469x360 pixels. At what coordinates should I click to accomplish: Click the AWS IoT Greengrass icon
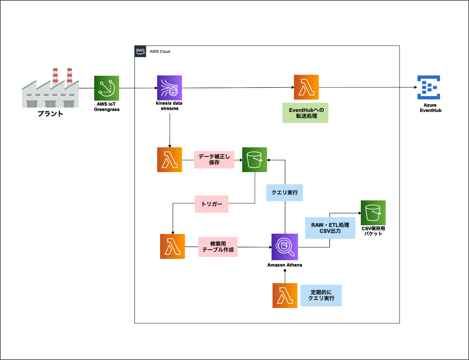click(x=106, y=88)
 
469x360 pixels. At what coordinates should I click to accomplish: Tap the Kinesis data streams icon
click(x=169, y=88)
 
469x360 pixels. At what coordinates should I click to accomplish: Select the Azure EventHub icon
click(x=429, y=88)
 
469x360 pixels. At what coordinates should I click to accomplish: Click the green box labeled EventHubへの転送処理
click(x=305, y=113)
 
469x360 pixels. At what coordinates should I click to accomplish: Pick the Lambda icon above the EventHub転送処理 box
click(x=306, y=87)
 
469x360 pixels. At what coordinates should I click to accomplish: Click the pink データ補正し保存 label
click(x=214, y=160)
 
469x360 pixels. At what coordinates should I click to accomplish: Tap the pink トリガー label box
click(x=212, y=204)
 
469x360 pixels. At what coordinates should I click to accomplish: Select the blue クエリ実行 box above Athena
click(x=285, y=193)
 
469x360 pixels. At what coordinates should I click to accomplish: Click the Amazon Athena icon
click(x=285, y=247)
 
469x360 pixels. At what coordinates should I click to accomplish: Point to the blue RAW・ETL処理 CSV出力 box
click(x=330, y=228)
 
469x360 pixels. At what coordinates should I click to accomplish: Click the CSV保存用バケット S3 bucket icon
click(x=373, y=213)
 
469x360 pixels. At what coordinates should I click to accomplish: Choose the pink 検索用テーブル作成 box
click(x=218, y=247)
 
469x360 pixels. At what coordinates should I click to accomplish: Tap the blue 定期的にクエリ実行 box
click(x=321, y=295)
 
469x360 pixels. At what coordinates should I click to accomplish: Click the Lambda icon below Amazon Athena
click(x=285, y=296)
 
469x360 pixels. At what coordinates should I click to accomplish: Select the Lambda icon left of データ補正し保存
click(x=169, y=160)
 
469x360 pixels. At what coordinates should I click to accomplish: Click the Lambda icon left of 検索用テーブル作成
click(x=172, y=246)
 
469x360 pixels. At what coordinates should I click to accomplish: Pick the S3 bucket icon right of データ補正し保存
click(x=254, y=160)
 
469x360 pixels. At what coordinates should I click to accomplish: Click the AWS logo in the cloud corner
click(x=140, y=52)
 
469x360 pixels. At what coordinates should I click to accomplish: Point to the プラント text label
click(x=50, y=114)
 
